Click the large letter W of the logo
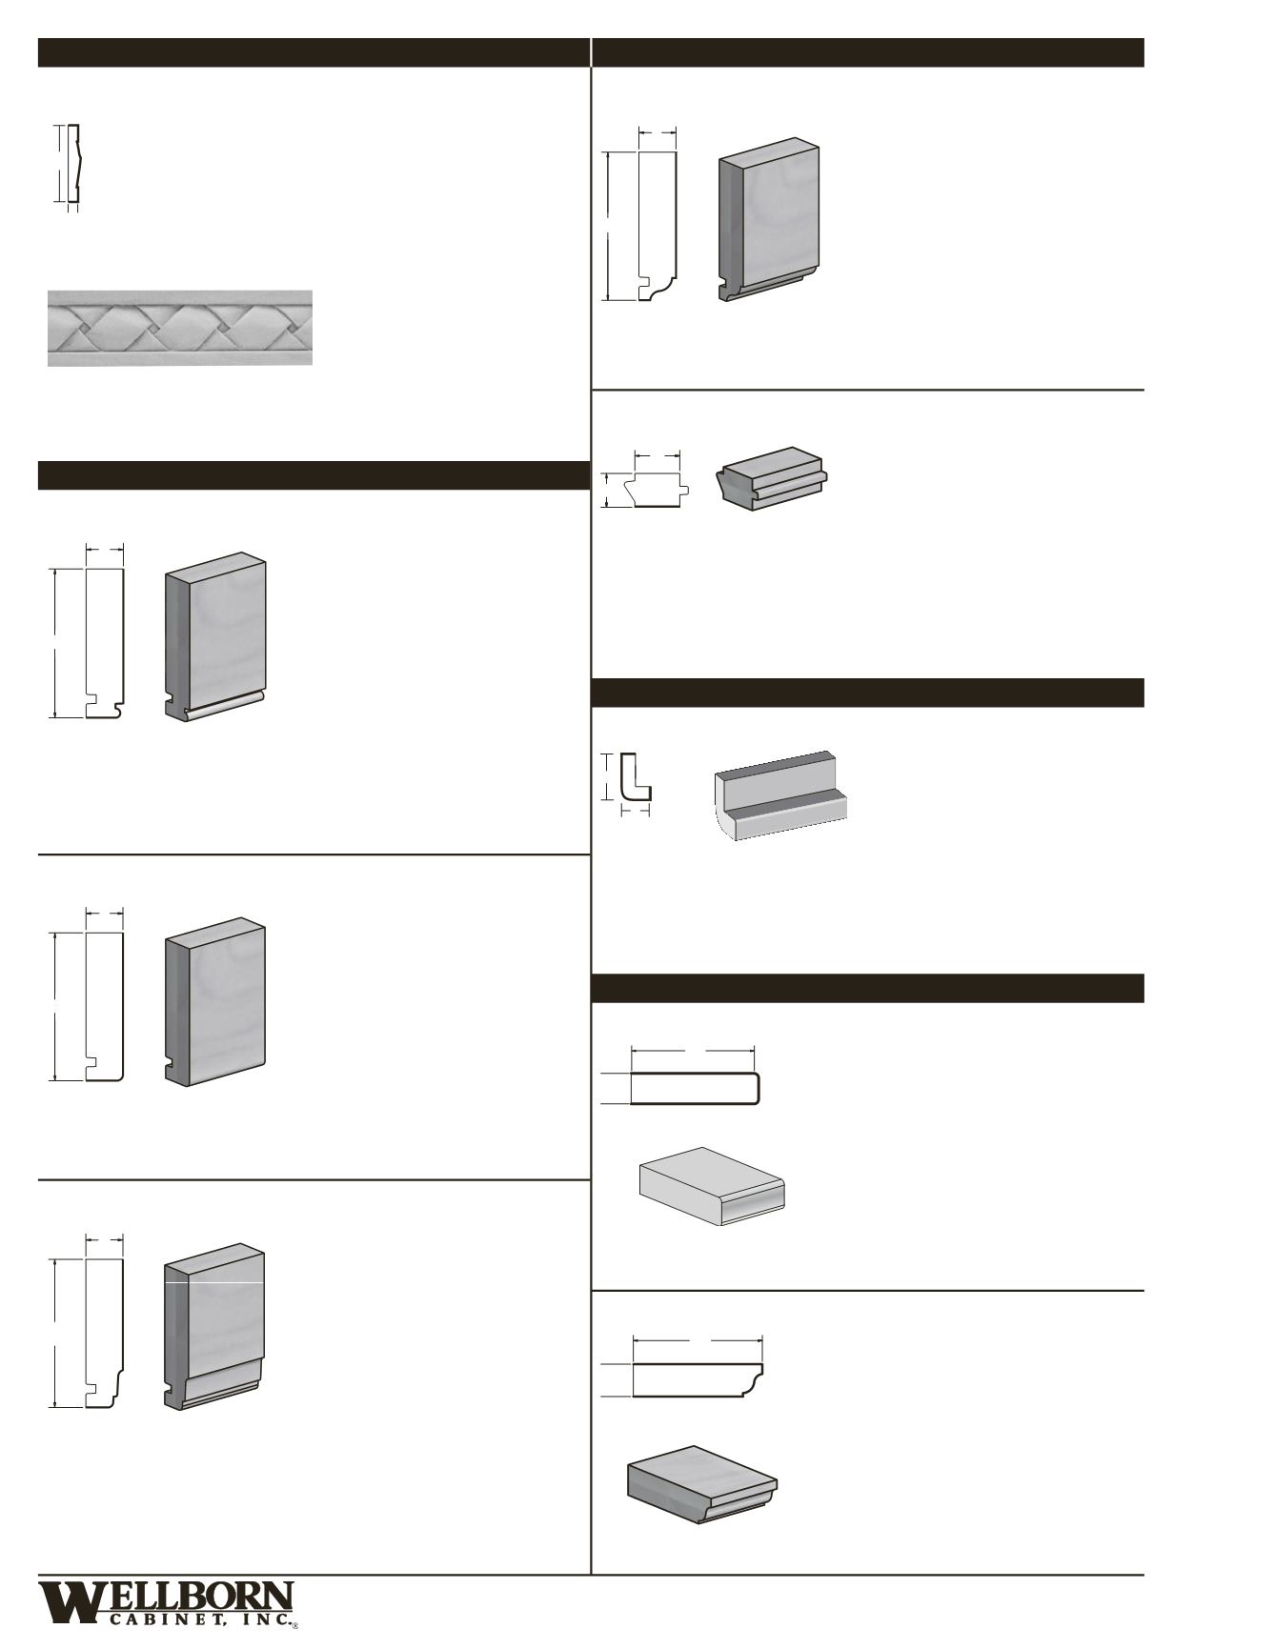coord(67,1604)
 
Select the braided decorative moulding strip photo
coord(180,328)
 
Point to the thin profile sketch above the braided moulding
coord(73,164)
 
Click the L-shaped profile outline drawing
coord(633,778)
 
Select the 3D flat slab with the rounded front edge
coord(711,1186)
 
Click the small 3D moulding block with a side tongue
coord(772,479)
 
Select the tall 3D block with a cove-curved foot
coord(769,221)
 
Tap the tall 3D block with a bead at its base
coord(215,637)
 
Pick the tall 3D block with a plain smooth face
coord(215,1002)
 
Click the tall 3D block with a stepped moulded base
coord(214,1327)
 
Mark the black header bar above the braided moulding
coord(314,52)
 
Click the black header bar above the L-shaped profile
coord(867,693)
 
